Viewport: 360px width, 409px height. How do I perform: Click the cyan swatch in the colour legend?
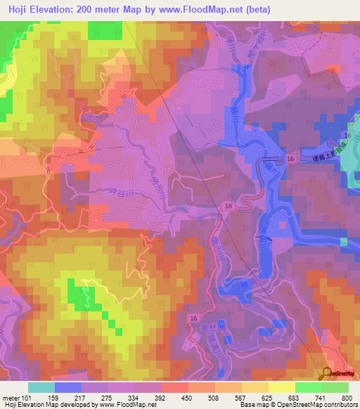(41, 387)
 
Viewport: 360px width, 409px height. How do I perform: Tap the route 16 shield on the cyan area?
(347, 134)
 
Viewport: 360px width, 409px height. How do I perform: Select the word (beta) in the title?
(258, 9)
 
